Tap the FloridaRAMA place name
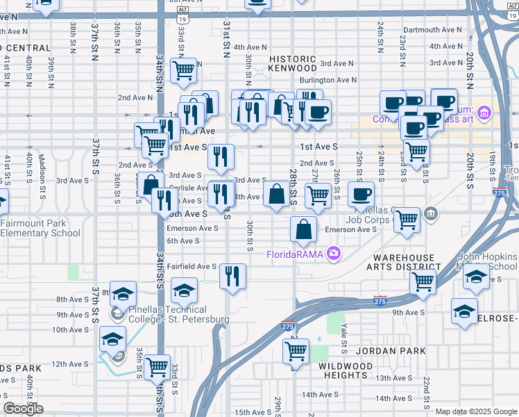coord(296,254)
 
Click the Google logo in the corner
coord(23,409)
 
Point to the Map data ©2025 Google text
coord(476,411)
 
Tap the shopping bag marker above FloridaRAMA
coord(303,229)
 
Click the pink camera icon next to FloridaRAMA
coord(334,254)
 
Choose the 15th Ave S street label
coord(252,412)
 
